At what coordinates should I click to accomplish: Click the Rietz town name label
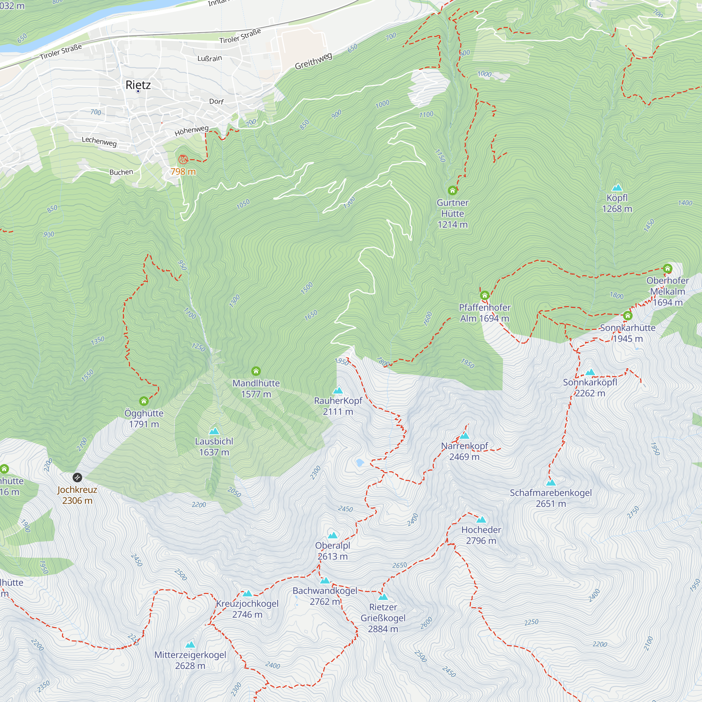pyautogui.click(x=138, y=85)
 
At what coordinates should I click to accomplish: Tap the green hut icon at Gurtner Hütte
pyautogui.click(x=452, y=190)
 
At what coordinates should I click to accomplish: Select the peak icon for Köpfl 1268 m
pyautogui.click(x=617, y=188)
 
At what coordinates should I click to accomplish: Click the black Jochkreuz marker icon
pyautogui.click(x=77, y=477)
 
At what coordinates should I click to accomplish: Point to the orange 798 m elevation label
pyautogui.click(x=183, y=172)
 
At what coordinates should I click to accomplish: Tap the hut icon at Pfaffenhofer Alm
pyautogui.click(x=485, y=296)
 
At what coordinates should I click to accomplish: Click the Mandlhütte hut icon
pyautogui.click(x=256, y=371)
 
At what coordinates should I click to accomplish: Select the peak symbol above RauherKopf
pyautogui.click(x=338, y=391)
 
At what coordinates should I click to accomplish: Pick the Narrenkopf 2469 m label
pyautogui.click(x=464, y=451)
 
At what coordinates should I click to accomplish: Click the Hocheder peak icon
pyautogui.click(x=481, y=519)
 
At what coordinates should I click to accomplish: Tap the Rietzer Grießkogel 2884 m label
pyautogui.click(x=383, y=618)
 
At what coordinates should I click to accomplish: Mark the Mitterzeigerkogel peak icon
pyautogui.click(x=190, y=645)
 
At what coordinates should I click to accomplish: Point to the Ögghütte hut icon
pyautogui.click(x=144, y=401)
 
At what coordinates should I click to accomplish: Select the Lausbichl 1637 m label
pyautogui.click(x=214, y=446)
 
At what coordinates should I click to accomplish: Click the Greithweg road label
pyautogui.click(x=313, y=61)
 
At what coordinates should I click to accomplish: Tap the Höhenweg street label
pyautogui.click(x=192, y=131)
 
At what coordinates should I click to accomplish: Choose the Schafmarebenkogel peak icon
pyautogui.click(x=551, y=483)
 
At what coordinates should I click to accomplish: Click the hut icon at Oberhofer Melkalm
pyautogui.click(x=668, y=269)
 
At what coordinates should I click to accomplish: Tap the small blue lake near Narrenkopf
pyautogui.click(x=360, y=463)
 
